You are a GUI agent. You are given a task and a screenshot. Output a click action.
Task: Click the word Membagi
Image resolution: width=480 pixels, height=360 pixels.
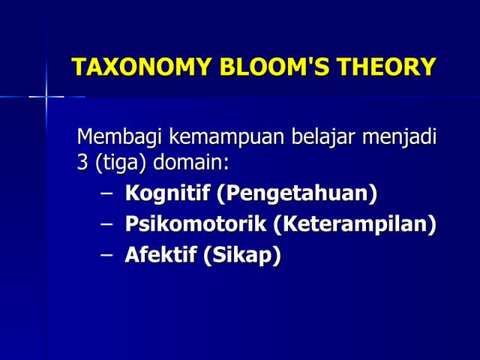click(120, 139)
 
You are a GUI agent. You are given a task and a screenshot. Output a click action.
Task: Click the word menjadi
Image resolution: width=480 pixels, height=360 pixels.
click(400, 139)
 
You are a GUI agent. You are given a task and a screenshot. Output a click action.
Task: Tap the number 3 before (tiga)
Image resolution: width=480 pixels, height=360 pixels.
click(82, 163)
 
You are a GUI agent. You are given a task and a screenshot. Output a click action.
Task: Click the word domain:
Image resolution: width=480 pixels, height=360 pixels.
click(190, 163)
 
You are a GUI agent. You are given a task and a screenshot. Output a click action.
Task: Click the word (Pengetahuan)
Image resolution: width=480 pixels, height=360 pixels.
click(297, 193)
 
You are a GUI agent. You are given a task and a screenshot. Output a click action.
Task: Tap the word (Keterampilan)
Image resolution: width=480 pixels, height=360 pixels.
click(354, 224)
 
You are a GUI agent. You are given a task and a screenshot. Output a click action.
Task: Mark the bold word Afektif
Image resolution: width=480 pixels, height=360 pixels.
click(160, 255)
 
